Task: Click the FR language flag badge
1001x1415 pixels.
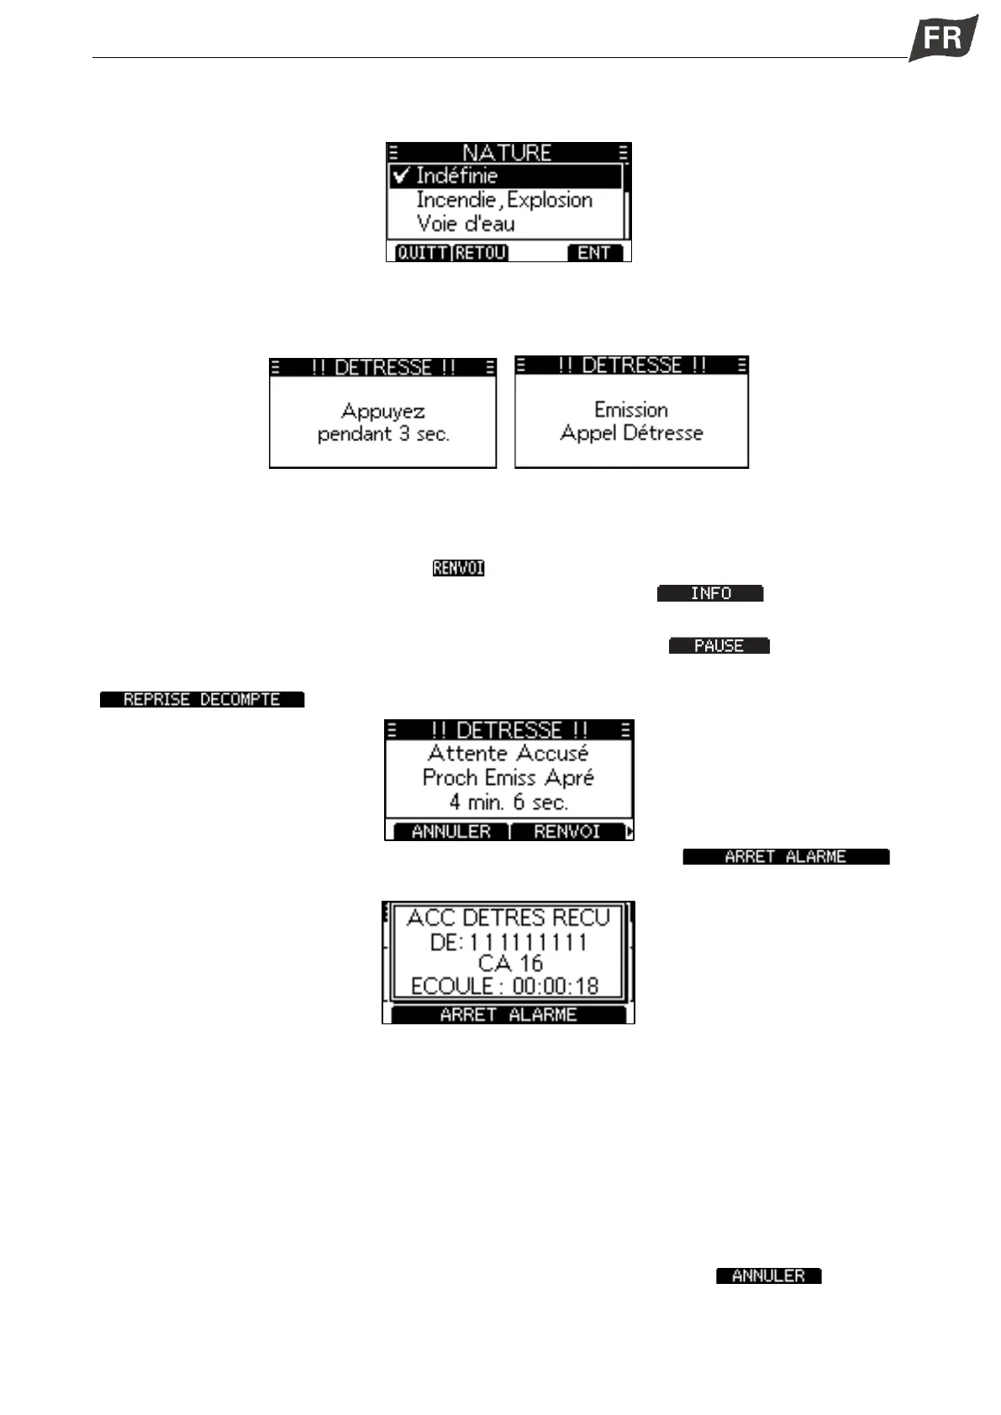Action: tap(944, 39)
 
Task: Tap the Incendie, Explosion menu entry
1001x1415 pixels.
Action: tap(504, 200)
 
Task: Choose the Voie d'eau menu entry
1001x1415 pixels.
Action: tap(466, 224)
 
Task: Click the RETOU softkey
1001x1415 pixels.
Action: tap(481, 253)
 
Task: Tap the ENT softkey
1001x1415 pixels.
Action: tap(594, 253)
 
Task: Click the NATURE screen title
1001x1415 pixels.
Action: tap(507, 152)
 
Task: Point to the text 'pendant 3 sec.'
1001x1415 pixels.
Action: tap(383, 434)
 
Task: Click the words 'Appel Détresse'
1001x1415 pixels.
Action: tap(631, 433)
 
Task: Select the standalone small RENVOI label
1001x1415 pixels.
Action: tap(458, 568)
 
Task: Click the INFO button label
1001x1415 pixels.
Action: tap(710, 593)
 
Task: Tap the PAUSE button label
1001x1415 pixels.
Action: tap(719, 646)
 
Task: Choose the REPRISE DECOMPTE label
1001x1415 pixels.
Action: tap(202, 699)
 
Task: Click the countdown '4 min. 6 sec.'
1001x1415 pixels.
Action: tap(508, 802)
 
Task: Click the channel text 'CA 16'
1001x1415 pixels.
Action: tap(509, 963)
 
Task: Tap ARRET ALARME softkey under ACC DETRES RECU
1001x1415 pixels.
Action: tap(508, 1014)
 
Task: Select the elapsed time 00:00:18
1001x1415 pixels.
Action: tap(555, 986)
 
